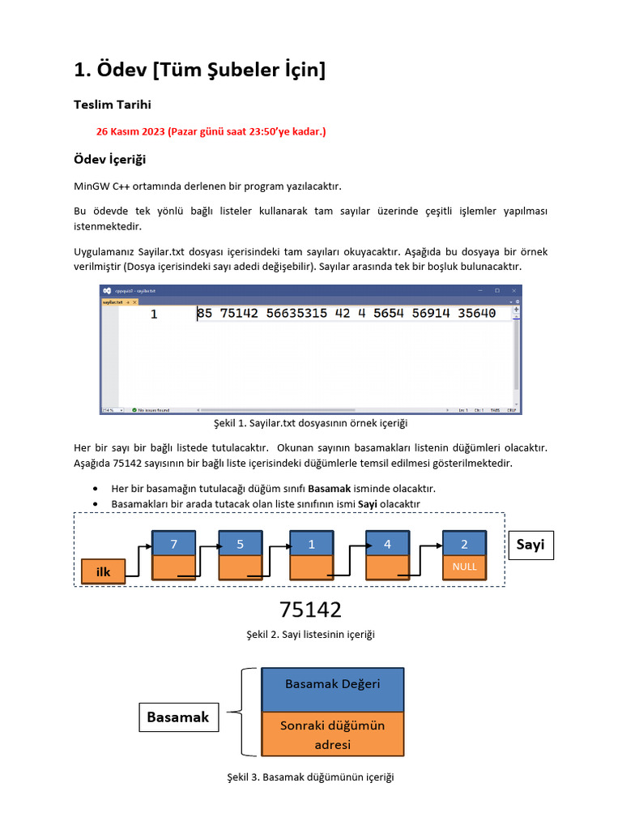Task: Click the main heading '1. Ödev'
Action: (199, 71)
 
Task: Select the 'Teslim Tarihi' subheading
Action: (112, 105)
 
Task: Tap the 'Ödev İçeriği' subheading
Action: (109, 158)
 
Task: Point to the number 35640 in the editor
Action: (476, 314)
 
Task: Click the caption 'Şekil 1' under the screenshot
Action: (309, 424)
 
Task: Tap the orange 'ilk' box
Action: (104, 571)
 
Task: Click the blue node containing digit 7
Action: (173, 544)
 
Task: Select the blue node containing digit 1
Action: (312, 544)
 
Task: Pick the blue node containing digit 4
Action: (387, 544)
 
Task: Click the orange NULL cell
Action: (464, 567)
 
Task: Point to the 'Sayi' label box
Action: (530, 545)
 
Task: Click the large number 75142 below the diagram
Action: (310, 610)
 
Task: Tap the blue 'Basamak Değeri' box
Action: (332, 684)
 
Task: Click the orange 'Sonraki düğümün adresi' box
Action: (332, 734)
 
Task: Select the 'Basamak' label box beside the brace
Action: (177, 717)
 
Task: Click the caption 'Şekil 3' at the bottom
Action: (309, 777)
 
